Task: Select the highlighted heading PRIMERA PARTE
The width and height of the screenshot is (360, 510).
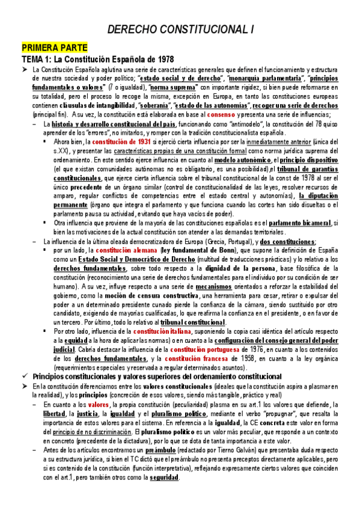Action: tap(55, 47)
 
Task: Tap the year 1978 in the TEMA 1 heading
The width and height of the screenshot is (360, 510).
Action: tap(163, 60)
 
